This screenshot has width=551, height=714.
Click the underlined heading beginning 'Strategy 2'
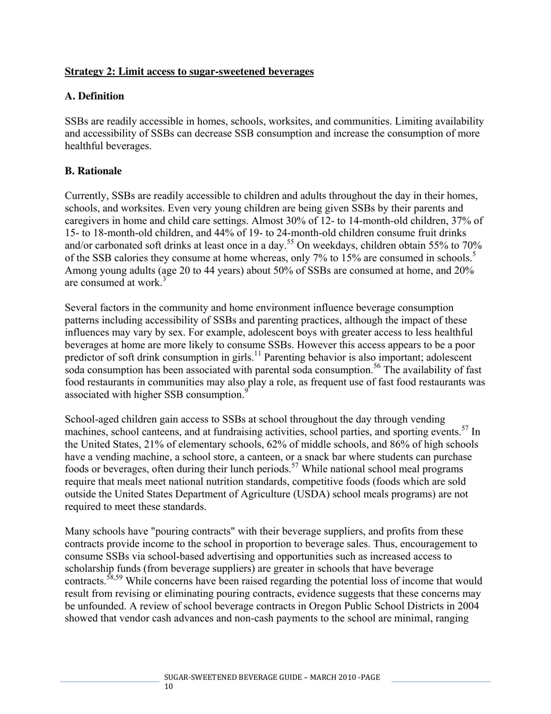189,72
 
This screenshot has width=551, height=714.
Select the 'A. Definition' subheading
94,96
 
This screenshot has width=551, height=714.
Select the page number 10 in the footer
169,687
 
